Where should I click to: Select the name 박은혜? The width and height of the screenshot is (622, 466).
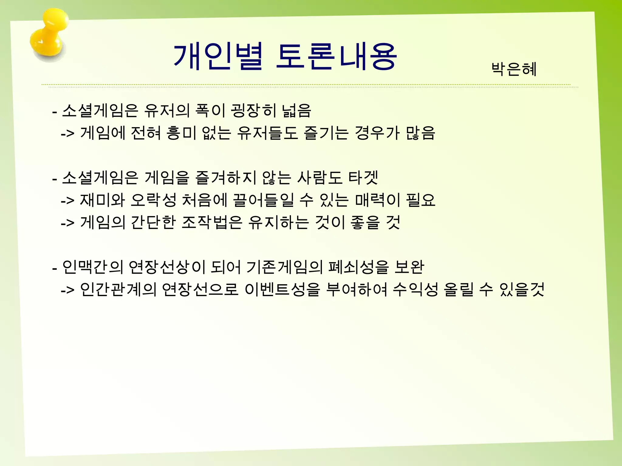pyautogui.click(x=514, y=69)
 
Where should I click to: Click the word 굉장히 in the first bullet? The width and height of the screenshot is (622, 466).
pyautogui.click(x=254, y=110)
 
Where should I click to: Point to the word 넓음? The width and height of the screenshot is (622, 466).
pyautogui.click(x=296, y=110)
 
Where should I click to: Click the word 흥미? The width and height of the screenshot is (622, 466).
pyautogui.click(x=181, y=133)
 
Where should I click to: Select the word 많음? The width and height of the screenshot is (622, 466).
pyautogui.click(x=420, y=133)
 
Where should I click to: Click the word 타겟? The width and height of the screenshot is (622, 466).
pyautogui.click(x=363, y=178)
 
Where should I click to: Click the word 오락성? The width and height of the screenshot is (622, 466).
pyautogui.click(x=153, y=200)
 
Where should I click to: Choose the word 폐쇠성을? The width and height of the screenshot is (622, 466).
pyautogui.click(x=358, y=267)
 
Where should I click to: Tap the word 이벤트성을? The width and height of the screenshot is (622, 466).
pyautogui.click(x=282, y=290)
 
